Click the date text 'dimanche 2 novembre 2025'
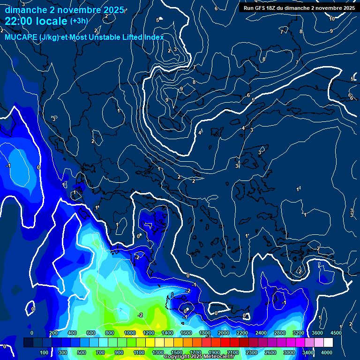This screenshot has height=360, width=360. (65, 9)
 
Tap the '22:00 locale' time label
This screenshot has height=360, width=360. (36, 21)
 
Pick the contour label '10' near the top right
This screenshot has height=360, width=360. (332, 19)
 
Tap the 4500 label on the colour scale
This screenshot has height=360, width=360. (335, 333)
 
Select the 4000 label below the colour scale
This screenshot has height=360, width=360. (327, 352)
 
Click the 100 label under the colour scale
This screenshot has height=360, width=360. (44, 352)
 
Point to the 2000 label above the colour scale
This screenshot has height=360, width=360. (223, 333)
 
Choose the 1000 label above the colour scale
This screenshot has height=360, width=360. (129, 333)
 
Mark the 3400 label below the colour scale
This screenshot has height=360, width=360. (308, 352)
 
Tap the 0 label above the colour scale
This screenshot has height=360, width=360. (32, 333)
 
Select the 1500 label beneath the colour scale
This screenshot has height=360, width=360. (176, 352)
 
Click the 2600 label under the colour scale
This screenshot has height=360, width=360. (270, 352)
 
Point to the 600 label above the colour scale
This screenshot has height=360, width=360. (91, 333)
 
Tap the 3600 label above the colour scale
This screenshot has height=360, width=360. (317, 333)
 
